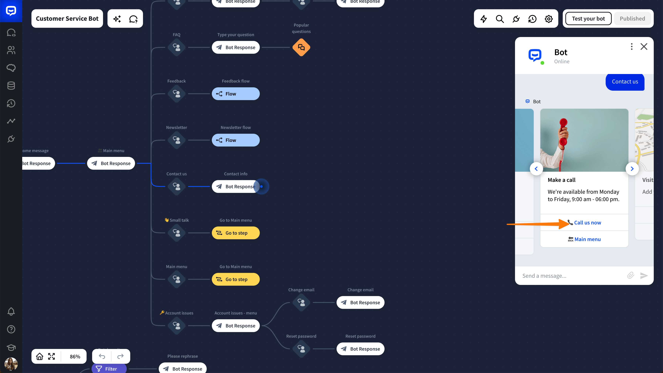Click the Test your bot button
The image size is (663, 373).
(x=588, y=19)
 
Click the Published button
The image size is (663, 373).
(x=632, y=19)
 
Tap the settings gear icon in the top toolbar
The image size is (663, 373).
(x=548, y=19)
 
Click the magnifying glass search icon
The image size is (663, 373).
(x=500, y=19)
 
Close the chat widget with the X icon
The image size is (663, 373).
(x=644, y=47)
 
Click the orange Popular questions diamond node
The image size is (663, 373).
(x=301, y=47)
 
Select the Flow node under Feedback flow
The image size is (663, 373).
(x=235, y=94)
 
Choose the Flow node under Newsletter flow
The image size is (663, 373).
(x=235, y=140)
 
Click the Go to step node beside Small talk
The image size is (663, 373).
(x=235, y=233)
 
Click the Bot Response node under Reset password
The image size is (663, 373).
(x=360, y=349)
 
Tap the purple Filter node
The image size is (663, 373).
(x=109, y=369)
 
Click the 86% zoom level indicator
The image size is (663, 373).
(x=75, y=357)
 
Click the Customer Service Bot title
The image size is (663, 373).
(x=67, y=19)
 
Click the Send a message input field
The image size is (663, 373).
(x=571, y=276)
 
